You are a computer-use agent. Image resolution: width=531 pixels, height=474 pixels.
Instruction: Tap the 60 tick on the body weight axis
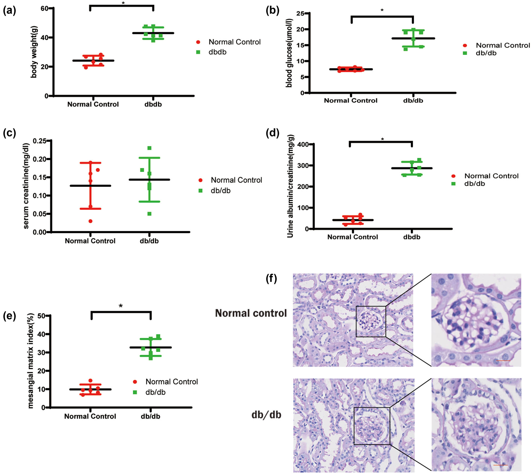[45, 8]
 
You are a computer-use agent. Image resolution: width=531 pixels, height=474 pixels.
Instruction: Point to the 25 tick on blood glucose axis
[300, 13]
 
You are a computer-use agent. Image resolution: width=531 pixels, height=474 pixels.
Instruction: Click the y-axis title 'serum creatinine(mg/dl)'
[26, 186]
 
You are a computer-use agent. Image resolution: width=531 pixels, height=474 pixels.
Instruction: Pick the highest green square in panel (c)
[149, 148]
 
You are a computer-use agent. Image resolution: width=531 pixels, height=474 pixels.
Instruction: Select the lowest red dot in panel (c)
[91, 221]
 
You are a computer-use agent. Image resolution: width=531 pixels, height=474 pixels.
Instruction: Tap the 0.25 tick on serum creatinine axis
[39, 141]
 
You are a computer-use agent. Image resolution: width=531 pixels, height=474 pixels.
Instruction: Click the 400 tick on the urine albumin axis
[303, 144]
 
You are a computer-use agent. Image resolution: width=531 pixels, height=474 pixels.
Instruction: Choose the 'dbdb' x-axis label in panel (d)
[412, 237]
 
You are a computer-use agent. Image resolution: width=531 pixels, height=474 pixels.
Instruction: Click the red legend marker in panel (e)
[135, 382]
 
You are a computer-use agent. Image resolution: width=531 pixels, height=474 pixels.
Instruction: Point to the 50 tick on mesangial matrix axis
[41, 316]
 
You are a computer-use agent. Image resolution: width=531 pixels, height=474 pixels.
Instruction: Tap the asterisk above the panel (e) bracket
[121, 306]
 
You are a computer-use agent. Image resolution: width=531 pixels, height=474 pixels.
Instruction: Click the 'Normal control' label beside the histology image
[251, 313]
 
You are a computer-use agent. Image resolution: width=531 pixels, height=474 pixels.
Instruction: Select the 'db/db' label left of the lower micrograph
[266, 415]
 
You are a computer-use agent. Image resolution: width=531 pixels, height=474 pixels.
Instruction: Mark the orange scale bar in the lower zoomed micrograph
[500, 465]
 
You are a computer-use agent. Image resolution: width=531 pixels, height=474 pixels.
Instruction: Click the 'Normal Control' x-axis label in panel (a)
[93, 104]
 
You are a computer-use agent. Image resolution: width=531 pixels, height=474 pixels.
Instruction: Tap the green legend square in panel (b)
[465, 53]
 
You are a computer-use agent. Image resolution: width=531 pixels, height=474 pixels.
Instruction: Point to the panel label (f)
[271, 278]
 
